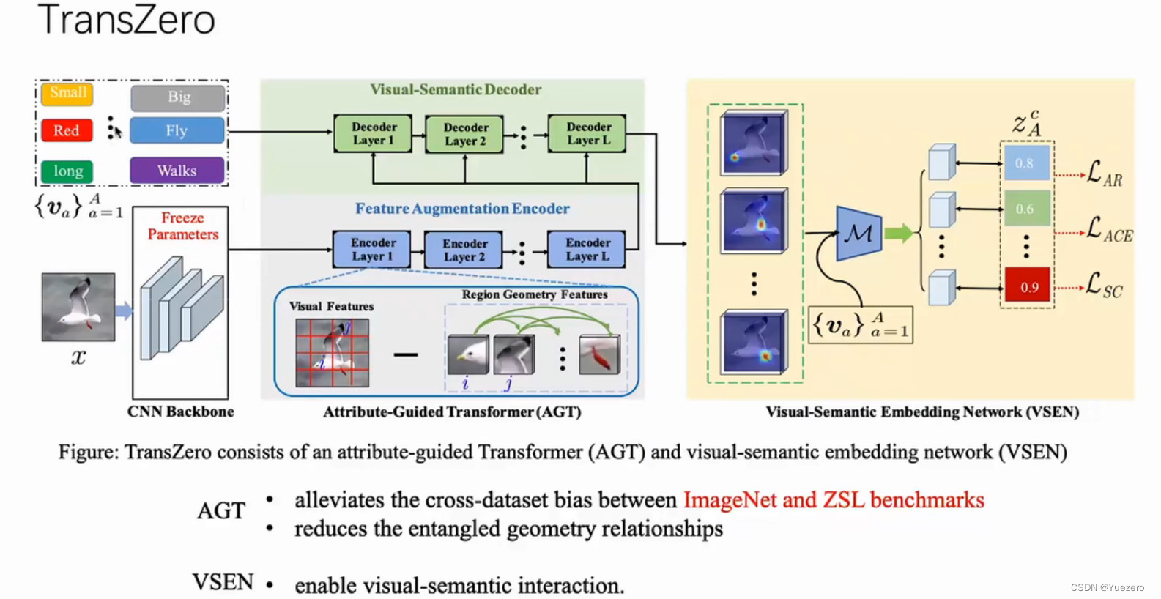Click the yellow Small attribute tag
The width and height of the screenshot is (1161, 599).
coord(67,93)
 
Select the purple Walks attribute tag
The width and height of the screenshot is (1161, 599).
coord(177,171)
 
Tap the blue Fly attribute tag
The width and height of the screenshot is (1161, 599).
coord(177,130)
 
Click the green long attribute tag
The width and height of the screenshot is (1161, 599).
coord(67,171)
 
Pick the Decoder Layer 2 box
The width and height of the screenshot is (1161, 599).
coord(464,134)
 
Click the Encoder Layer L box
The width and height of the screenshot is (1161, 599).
coord(587,250)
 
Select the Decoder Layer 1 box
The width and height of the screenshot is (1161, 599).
coord(373,133)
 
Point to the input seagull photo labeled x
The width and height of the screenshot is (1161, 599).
coord(78,307)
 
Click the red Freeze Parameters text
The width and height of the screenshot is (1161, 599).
coord(182,226)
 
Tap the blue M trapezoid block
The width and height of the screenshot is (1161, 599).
coord(858,234)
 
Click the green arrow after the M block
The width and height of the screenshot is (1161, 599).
coord(898,234)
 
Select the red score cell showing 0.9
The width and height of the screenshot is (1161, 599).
coord(1028,287)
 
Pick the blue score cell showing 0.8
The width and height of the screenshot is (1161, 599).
coord(1026,163)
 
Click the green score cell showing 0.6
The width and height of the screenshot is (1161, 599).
coord(1026,209)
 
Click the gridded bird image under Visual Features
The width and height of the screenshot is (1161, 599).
coord(333,352)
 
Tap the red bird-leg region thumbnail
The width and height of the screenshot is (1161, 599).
coord(599,355)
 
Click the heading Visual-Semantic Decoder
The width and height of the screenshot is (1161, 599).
coord(455,90)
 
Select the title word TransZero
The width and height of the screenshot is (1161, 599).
coord(127,20)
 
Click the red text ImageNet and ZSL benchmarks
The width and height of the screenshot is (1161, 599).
coord(834,500)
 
